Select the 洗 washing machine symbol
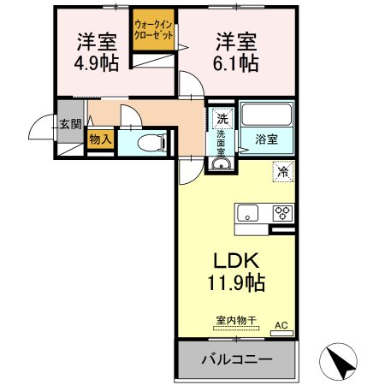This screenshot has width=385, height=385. [222, 118]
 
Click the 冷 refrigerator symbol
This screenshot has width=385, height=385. [281, 171]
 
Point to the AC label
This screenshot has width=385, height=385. [281, 325]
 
